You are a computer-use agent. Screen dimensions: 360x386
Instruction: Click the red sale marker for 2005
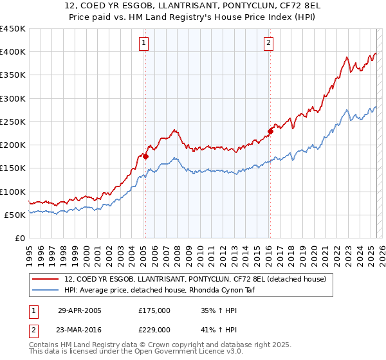[x=146, y=156]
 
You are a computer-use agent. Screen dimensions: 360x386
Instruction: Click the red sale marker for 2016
[x=270, y=131]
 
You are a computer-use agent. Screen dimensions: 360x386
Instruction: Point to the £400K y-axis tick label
[x=13, y=52]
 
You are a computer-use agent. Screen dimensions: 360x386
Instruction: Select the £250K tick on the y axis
[x=13, y=122]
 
